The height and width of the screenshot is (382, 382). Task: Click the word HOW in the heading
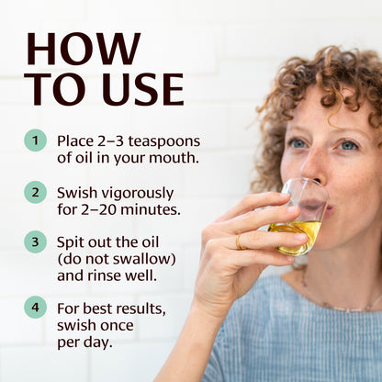[84, 50]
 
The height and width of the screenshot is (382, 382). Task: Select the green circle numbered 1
[35, 140]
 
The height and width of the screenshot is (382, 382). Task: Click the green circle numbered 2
[35, 192]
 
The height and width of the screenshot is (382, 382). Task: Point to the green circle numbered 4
[35, 307]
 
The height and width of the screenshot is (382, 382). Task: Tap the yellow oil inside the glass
[297, 233]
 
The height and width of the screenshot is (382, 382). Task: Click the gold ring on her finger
[241, 242]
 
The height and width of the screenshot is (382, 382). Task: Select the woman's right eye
[298, 143]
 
